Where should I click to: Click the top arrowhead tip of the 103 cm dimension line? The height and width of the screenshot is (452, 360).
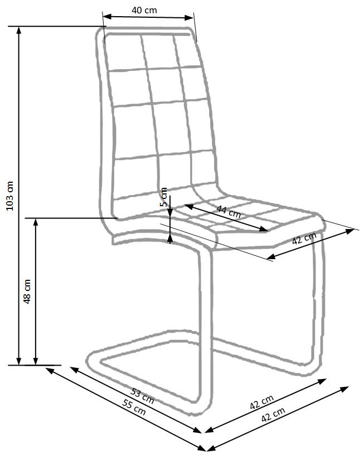[x=19, y=27]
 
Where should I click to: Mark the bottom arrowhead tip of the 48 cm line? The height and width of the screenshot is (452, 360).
[x=36, y=365]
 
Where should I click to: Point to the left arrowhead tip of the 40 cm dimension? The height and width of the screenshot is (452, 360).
[x=103, y=16]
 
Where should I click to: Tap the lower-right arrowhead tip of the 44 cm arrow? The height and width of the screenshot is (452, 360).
[x=267, y=230]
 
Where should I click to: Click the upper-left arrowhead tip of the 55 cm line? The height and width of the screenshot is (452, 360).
[x=46, y=368]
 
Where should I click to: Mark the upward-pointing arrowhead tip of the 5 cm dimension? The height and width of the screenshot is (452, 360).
[x=170, y=234]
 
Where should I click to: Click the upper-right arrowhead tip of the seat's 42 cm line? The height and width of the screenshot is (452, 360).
[x=354, y=230]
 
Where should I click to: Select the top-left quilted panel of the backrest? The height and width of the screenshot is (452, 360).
[x=126, y=52]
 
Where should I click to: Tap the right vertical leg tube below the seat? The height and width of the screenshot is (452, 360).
[x=317, y=297]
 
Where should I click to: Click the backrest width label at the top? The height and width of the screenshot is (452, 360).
[x=144, y=11]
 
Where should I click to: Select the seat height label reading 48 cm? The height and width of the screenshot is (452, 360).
[x=27, y=291]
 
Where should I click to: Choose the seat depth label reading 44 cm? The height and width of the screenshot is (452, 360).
[x=228, y=212]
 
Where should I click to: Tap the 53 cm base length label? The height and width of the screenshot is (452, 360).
[x=143, y=396]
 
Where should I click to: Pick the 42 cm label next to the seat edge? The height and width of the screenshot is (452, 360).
[x=304, y=239]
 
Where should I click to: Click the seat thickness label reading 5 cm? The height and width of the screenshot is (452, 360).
[x=163, y=197]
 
